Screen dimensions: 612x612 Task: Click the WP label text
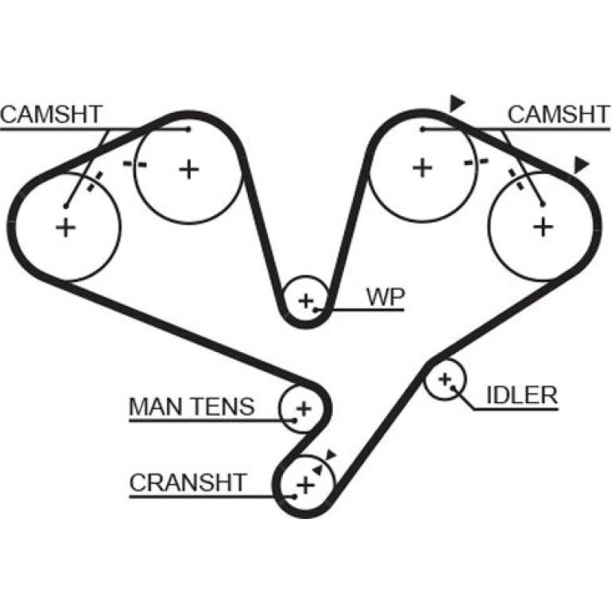[x=385, y=297]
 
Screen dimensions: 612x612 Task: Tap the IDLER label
[x=522, y=395]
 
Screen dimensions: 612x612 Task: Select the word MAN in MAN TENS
[x=157, y=407]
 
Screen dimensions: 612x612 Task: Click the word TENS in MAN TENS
[x=223, y=407]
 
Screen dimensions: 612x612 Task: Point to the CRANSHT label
[x=188, y=482]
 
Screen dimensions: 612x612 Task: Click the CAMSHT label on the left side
[x=51, y=114]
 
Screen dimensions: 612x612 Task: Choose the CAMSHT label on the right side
[x=559, y=114]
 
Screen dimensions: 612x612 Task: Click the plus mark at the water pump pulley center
[x=306, y=301]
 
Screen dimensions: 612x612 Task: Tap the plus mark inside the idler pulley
[x=444, y=379]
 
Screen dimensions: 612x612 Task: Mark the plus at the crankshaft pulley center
[x=306, y=486]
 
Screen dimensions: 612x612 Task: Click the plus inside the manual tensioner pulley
[x=304, y=409]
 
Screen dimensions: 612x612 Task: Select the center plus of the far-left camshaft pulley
[x=65, y=227]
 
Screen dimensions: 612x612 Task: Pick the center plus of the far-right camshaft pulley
[x=543, y=227]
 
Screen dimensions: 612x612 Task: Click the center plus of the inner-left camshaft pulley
[x=189, y=170]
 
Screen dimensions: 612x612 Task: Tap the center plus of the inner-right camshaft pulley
[x=422, y=168]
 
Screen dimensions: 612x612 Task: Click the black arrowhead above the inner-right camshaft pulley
[x=456, y=103]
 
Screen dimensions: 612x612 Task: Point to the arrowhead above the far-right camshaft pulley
[x=580, y=165]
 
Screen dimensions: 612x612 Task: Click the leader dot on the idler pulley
[x=453, y=388]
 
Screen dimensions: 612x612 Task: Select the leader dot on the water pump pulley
[x=316, y=310]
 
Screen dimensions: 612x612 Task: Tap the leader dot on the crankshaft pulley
[x=295, y=497]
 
